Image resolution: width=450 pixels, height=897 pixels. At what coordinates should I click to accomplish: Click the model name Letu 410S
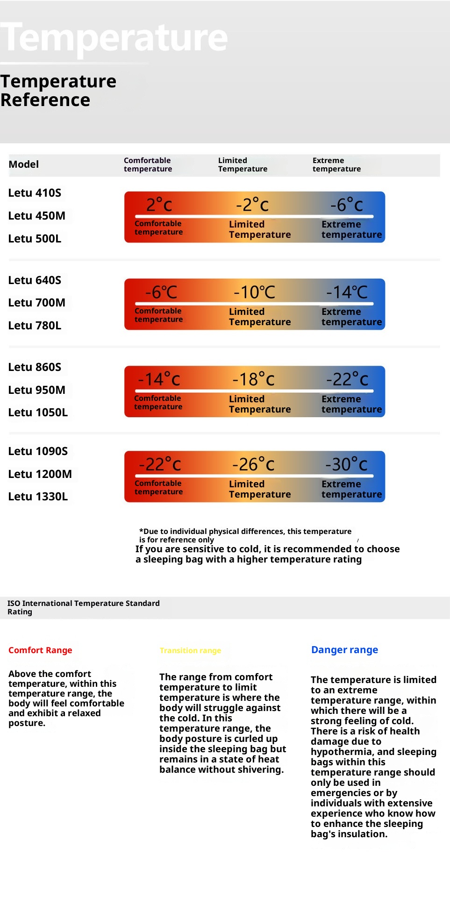[35, 193]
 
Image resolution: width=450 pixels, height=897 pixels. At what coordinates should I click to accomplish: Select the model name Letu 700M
[36, 303]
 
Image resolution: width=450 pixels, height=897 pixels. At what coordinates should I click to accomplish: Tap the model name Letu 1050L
[38, 413]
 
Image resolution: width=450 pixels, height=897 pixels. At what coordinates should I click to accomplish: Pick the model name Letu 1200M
[40, 474]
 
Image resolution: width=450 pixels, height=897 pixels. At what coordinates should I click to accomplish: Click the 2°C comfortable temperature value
[159, 205]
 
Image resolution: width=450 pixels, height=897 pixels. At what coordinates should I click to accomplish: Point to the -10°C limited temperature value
[254, 292]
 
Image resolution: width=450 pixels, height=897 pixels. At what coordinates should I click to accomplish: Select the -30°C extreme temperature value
[346, 464]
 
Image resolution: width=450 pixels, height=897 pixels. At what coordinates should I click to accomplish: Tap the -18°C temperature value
[253, 379]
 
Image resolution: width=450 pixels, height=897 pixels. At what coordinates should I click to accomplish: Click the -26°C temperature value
[253, 464]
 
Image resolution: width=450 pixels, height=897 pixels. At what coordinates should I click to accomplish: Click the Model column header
[23, 164]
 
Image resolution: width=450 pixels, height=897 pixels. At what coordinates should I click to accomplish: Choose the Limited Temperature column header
[243, 164]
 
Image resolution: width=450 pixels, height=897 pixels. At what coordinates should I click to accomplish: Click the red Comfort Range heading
[40, 650]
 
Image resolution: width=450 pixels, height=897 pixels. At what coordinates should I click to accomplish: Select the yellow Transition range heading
[190, 650]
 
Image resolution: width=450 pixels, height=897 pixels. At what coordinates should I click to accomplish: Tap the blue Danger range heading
[344, 650]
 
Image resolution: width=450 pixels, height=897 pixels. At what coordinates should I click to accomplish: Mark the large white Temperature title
[114, 37]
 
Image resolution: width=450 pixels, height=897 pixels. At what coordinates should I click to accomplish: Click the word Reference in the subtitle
[45, 100]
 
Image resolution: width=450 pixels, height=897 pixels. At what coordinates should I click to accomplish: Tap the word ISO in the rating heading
[14, 603]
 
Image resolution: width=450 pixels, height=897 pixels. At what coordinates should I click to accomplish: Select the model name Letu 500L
[35, 239]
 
